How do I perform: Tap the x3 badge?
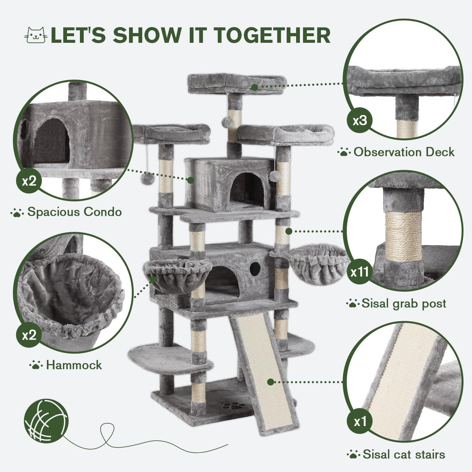point(360,120)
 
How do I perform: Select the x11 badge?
point(360,272)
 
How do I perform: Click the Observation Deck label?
point(404,152)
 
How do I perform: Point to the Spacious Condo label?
point(74,212)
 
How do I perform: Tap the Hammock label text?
point(74,365)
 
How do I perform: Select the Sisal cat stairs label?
point(404,454)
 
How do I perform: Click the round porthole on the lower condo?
point(255,268)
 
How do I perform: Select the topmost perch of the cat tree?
point(237,84)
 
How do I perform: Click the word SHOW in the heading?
point(147,35)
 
